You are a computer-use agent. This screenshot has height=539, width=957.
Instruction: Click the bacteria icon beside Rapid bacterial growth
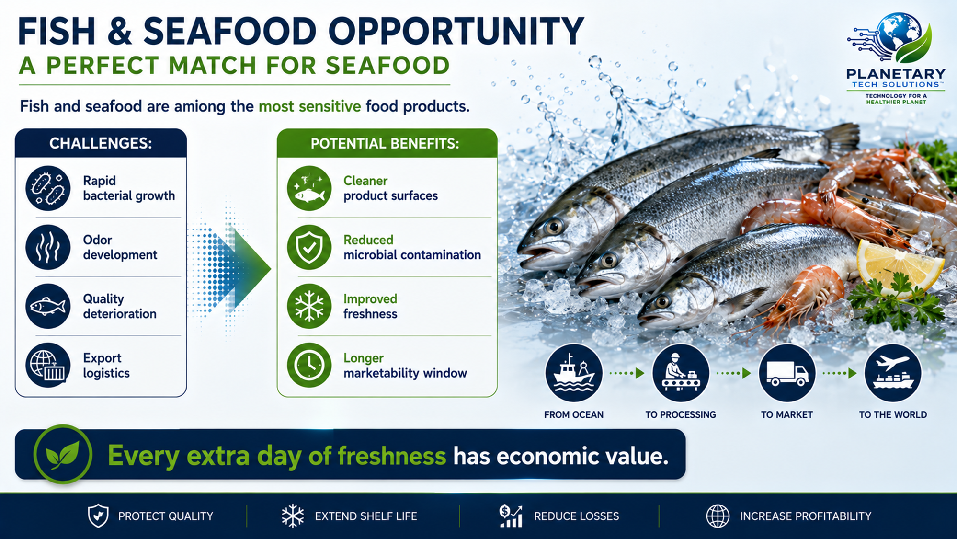point(48,188)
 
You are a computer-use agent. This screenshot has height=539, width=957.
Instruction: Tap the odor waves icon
point(48,247)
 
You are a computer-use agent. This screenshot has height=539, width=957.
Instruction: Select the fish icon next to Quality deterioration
point(48,306)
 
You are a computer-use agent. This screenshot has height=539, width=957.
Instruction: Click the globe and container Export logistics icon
point(48,365)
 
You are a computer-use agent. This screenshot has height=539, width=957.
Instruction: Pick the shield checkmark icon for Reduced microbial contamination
point(309,247)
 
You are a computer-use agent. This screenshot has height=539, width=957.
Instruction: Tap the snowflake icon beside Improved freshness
point(309,306)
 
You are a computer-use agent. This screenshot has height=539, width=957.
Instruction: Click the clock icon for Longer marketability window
point(309,365)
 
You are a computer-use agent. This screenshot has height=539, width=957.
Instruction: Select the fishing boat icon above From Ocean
point(574,373)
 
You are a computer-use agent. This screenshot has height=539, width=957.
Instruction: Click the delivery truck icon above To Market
point(787,373)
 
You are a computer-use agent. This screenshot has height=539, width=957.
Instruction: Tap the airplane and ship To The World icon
point(893,373)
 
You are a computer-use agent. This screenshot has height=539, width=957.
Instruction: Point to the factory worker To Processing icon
point(681,373)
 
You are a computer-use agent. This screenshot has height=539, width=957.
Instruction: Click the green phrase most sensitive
point(310,106)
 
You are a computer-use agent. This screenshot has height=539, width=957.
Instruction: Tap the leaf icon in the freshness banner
point(63,454)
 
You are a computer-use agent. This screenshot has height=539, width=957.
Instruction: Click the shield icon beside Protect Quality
point(98,516)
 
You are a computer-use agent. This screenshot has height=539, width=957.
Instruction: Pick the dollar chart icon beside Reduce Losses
point(511,516)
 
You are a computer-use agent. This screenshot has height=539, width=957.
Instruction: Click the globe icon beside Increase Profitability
point(718,516)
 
